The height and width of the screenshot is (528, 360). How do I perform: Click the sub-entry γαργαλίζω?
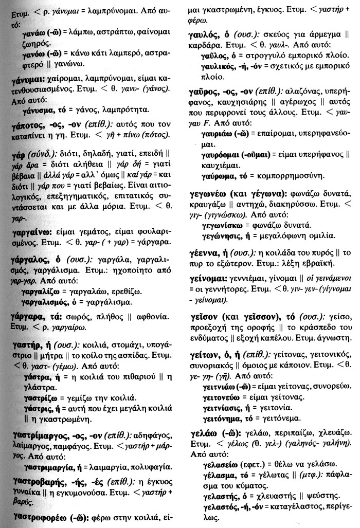click(x=43, y=292)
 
